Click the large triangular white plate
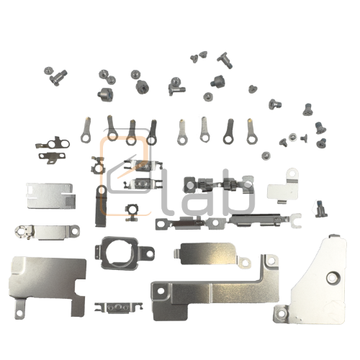tap(317, 281)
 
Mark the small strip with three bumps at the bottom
tap(114, 308)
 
